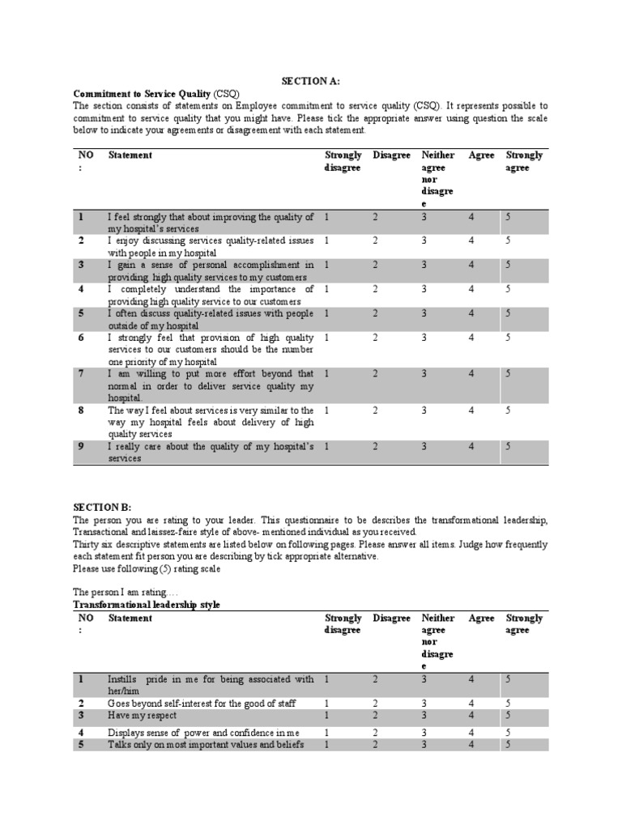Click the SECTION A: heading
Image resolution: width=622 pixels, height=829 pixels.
click(310, 81)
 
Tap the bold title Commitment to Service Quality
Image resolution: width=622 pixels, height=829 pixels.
click(143, 93)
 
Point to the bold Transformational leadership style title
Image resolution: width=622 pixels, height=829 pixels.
click(147, 605)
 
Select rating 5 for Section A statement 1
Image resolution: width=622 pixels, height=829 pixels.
click(509, 217)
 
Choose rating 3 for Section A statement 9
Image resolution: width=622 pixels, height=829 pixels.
click(424, 446)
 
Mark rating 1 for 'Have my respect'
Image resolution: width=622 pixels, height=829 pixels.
click(326, 716)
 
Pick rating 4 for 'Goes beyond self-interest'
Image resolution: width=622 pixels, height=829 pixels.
click(471, 704)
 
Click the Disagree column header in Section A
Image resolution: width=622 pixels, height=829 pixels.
click(391, 155)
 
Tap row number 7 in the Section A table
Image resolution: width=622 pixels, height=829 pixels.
click(81, 374)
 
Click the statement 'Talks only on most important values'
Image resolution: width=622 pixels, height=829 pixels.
click(206, 744)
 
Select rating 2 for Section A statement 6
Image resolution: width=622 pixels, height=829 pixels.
click(375, 338)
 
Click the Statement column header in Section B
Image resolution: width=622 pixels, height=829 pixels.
click(130, 619)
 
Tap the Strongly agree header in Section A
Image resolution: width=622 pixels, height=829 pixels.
click(524, 161)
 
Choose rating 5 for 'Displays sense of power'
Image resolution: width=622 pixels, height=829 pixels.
click(509, 733)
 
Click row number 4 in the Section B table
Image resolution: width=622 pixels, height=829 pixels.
click(81, 733)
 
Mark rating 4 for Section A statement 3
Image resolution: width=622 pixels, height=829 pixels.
click(471, 265)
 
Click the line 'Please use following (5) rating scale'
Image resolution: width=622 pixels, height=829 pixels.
click(146, 569)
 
